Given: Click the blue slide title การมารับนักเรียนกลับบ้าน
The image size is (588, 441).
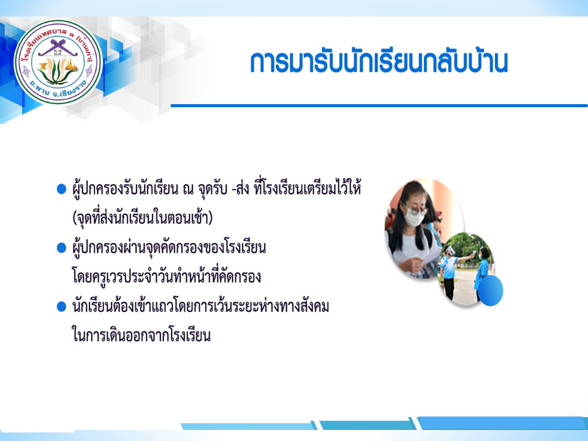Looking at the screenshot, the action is pyautogui.click(x=379, y=62).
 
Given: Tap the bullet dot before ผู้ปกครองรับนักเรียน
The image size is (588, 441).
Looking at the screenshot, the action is pyautogui.click(x=61, y=189).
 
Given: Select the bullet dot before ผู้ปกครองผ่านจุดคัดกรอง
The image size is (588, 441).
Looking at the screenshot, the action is pyautogui.click(x=61, y=248).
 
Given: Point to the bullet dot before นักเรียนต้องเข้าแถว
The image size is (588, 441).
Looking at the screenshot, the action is pyautogui.click(x=61, y=307).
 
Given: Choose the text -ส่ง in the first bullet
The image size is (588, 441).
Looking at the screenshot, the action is pyautogui.click(x=240, y=189).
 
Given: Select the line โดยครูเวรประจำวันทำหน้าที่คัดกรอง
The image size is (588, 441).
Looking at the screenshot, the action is pyautogui.click(x=166, y=277).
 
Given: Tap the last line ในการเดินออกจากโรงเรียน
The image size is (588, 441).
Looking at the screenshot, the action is pyautogui.click(x=141, y=335).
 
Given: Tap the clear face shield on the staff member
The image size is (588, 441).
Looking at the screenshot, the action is pyautogui.click(x=450, y=251).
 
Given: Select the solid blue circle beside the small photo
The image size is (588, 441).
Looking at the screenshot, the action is pyautogui.click(x=491, y=290).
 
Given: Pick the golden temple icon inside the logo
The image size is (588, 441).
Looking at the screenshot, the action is pyautogui.click(x=72, y=66).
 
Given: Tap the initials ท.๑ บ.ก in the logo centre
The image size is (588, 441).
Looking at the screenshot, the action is pyautogui.click(x=58, y=52).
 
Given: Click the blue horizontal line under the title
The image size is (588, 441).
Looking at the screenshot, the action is pyautogui.click(x=379, y=106).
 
